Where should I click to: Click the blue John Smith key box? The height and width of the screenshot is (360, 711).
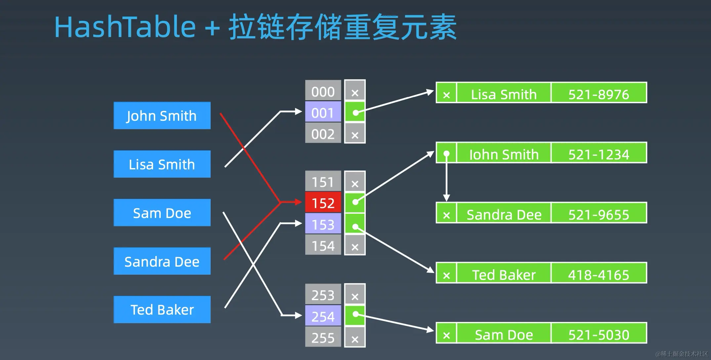point(162,115)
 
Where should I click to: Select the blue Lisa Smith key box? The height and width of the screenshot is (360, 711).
point(162,164)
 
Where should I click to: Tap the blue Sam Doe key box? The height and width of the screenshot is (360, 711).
point(162,213)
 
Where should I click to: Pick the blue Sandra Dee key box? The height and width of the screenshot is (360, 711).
point(162,261)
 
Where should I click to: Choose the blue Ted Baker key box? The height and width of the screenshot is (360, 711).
point(162,310)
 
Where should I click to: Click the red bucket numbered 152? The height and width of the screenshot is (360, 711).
point(323,202)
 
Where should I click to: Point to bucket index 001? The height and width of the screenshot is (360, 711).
point(323,113)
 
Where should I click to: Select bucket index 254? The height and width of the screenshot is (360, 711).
point(323,316)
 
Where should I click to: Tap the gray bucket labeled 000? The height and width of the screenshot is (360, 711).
point(323,91)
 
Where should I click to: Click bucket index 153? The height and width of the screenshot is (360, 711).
point(323,224)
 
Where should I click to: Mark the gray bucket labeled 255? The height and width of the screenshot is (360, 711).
point(323,337)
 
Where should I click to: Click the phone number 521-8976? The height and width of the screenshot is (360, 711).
point(599,94)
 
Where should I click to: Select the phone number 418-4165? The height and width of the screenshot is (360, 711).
point(599,275)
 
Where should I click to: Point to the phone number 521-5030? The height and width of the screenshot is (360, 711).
point(599,335)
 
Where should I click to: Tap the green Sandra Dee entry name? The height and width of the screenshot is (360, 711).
point(504,214)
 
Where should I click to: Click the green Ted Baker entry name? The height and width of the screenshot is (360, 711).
point(504,275)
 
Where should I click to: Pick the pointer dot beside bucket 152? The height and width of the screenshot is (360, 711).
point(355,202)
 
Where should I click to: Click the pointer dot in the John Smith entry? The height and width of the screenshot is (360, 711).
point(446,154)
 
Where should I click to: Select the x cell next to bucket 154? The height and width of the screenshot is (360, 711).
point(355,247)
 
